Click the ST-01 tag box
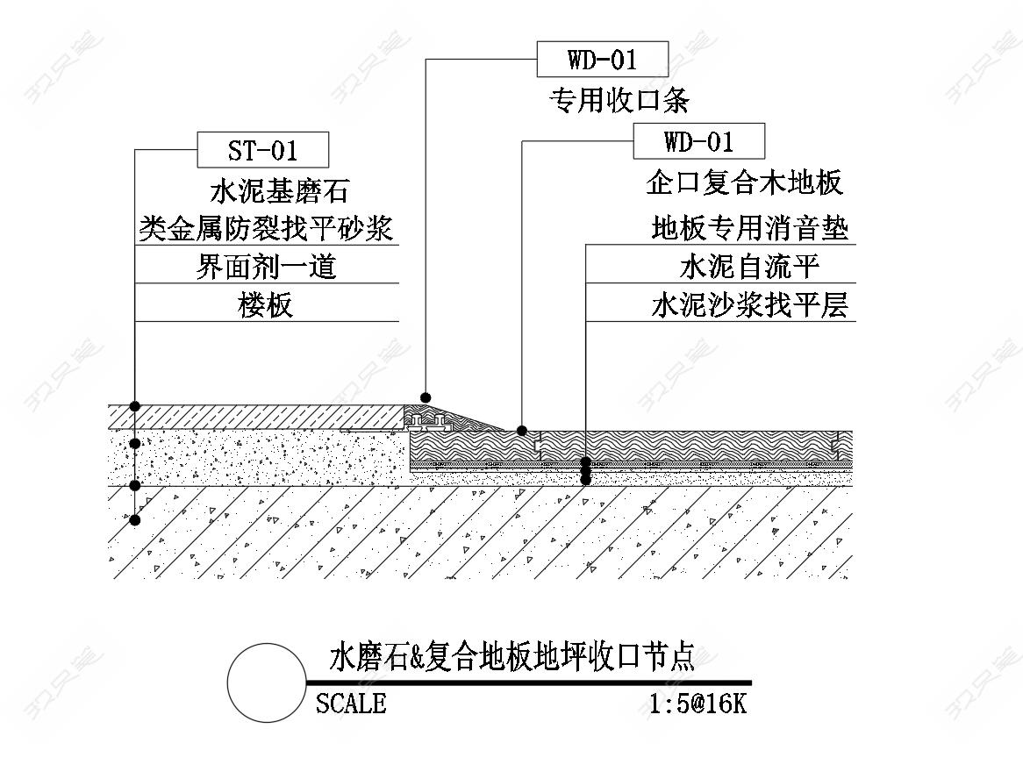pos(263,150)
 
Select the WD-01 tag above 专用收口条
pos(602,61)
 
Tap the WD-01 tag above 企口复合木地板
pos(698,141)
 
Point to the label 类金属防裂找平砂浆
pos(268,228)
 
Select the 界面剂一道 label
pos(266,266)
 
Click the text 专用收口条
pos(619,101)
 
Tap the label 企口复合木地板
pos(744,182)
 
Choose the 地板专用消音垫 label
pos(749,229)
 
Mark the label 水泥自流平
pos(749,267)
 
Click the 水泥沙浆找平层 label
pos(749,305)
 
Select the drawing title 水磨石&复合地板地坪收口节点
pos(511,657)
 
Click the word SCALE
pos(351,704)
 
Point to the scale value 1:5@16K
pos(698,704)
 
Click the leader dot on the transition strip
pos(426,397)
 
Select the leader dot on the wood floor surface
pos(522,431)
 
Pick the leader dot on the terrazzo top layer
pos(135,405)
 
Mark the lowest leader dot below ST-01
pos(135,520)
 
